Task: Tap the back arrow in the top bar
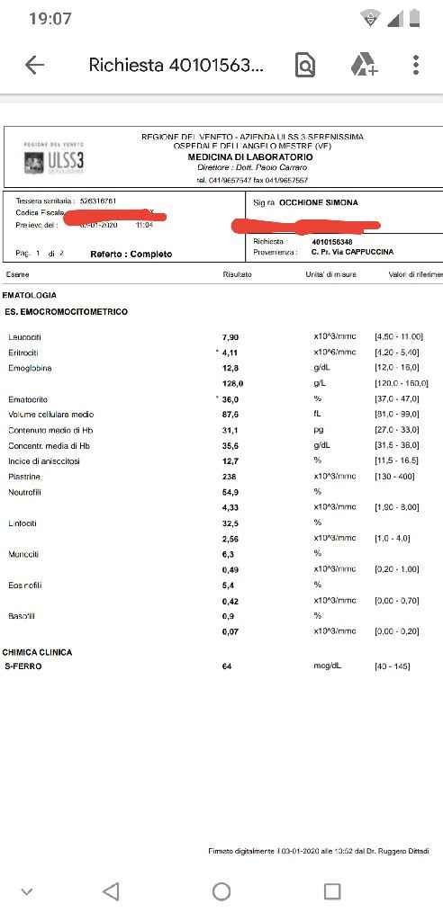click(x=34, y=65)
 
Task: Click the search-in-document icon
click(x=305, y=65)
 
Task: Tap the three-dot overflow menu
click(x=415, y=65)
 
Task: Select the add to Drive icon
click(x=364, y=65)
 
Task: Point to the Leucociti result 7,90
click(x=230, y=336)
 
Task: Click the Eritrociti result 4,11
click(x=231, y=352)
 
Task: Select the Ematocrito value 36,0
click(x=231, y=398)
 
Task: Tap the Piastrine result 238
click(x=230, y=477)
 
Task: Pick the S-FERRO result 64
click(x=227, y=666)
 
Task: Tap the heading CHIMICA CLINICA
click(x=38, y=652)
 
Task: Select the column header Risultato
click(x=237, y=273)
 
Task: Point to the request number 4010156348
click(x=333, y=241)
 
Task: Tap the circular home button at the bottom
click(x=221, y=891)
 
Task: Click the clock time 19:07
click(x=50, y=19)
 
